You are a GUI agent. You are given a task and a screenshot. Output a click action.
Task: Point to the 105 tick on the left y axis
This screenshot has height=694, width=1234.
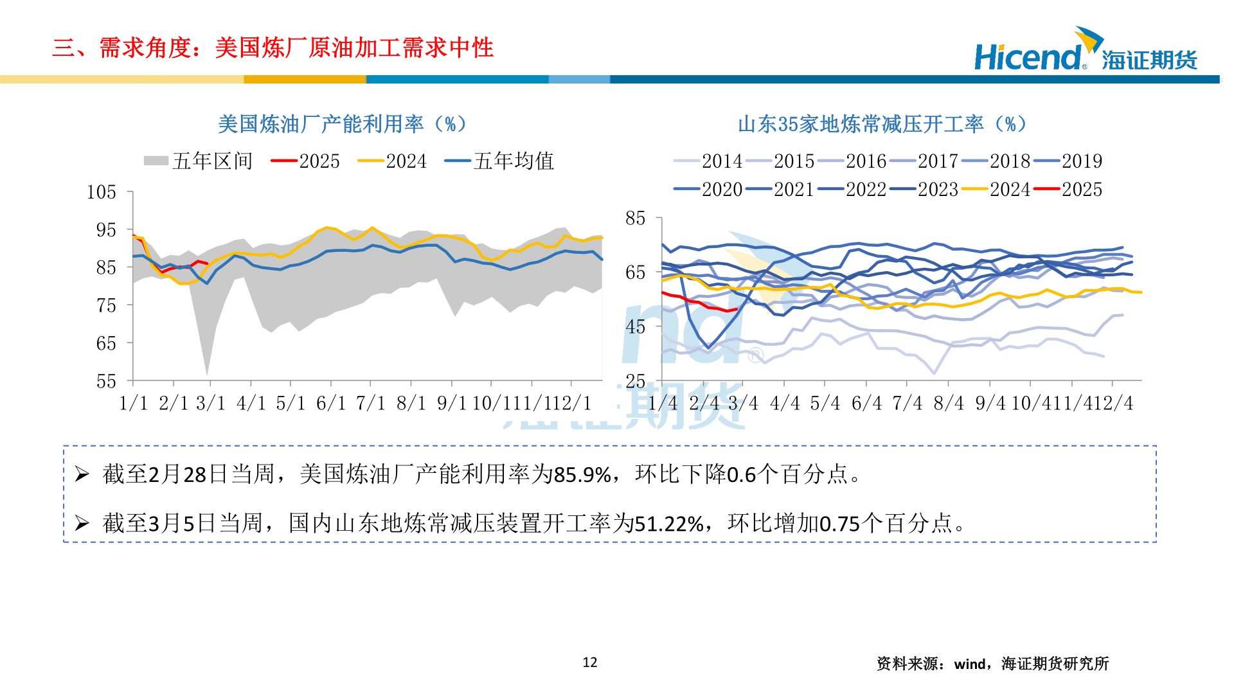pyautogui.click(x=102, y=192)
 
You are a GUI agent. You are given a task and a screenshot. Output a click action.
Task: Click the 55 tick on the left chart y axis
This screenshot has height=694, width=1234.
pyautogui.click(x=106, y=381)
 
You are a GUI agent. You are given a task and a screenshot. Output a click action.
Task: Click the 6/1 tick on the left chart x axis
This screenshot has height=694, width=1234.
pyautogui.click(x=331, y=404)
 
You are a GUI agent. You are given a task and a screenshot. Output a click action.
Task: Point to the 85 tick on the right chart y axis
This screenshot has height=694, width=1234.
pyautogui.click(x=635, y=218)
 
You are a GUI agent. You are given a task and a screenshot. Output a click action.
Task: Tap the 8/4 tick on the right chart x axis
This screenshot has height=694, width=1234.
pyautogui.click(x=949, y=404)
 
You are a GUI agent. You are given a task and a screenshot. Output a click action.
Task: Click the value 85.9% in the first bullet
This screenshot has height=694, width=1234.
pyautogui.click(x=582, y=475)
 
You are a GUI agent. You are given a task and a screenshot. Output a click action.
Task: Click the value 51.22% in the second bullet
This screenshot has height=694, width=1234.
pyautogui.click(x=669, y=524)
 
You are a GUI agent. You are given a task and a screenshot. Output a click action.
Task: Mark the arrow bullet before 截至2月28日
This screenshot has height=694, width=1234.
pyautogui.click(x=82, y=475)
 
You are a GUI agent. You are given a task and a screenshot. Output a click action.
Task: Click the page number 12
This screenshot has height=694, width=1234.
pyautogui.click(x=590, y=663)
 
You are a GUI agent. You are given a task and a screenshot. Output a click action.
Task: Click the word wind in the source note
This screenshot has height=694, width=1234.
pyautogui.click(x=969, y=664)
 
